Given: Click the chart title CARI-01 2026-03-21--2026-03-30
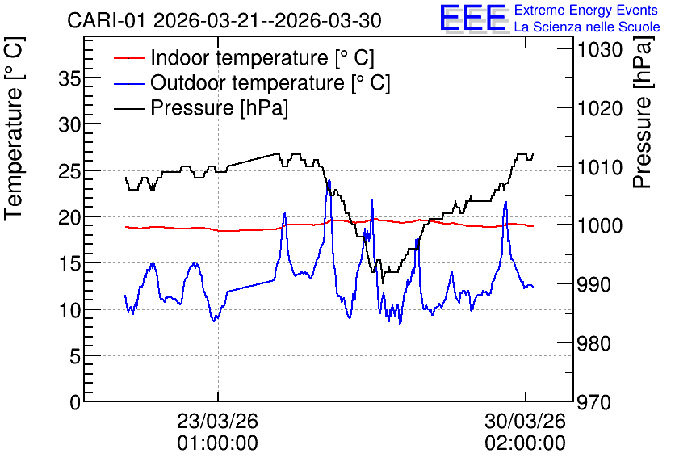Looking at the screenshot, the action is [224, 20].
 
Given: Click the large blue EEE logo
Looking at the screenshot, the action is [473, 18].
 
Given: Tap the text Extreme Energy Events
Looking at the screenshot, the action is [586, 10].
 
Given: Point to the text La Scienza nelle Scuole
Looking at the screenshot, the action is [587, 27].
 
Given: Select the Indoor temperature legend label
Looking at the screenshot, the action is [262, 57].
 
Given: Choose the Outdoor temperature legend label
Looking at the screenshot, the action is [270, 82].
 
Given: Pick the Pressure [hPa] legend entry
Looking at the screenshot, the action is [219, 107].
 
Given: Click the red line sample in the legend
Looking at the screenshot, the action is [128, 57].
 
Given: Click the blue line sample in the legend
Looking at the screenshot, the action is [128, 82].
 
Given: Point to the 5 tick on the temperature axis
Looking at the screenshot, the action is [75, 356].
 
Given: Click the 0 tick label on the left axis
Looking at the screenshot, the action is [75, 402].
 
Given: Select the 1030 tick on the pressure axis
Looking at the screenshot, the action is [600, 50].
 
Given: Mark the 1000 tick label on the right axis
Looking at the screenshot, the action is [600, 225].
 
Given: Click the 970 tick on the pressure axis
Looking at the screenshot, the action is [593, 402].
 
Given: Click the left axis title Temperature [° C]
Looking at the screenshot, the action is [15, 129].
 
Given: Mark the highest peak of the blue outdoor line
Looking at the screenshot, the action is [329, 180].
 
